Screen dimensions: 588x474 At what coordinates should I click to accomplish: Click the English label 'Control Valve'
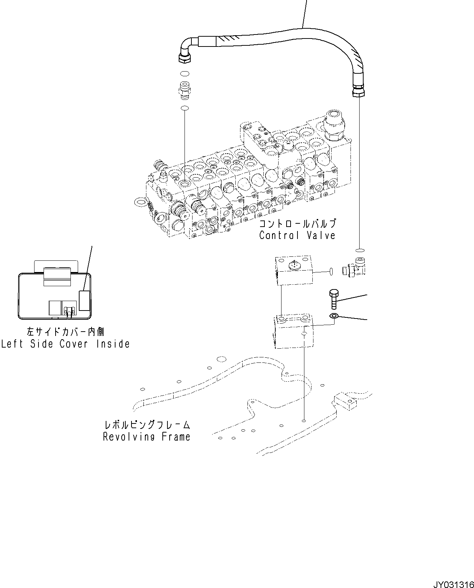(297, 235)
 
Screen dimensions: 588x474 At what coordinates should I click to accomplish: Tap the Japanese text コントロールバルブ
(297, 223)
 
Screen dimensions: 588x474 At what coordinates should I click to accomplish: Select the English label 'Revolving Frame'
(147, 437)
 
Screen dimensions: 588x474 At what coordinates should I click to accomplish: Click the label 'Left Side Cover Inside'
(65, 344)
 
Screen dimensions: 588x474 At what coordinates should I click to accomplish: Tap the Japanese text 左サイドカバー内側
(65, 331)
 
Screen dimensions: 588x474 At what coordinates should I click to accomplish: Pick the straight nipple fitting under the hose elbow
(185, 91)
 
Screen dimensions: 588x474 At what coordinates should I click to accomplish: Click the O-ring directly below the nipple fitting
(185, 108)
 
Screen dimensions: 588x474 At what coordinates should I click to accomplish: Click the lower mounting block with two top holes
(293, 332)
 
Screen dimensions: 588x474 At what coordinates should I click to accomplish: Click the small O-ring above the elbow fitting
(359, 250)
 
